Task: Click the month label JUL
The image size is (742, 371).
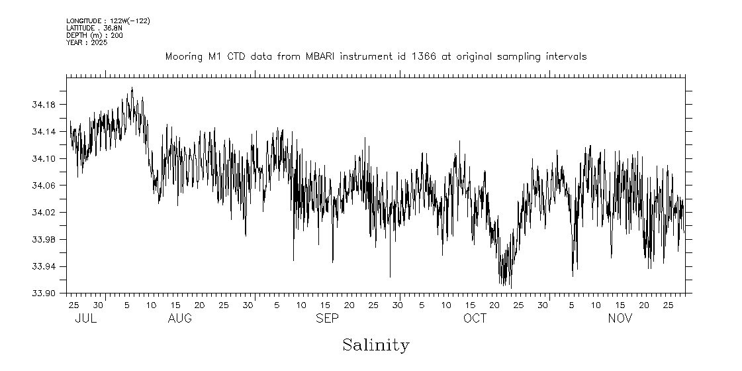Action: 86,319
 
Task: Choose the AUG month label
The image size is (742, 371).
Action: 180,319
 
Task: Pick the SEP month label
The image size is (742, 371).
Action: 327,319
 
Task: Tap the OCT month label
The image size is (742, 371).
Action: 475,319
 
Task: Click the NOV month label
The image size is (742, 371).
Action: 620,319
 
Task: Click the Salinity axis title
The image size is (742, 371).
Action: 375,345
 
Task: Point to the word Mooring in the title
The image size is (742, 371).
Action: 184,57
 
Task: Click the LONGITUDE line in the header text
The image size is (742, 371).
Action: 108,21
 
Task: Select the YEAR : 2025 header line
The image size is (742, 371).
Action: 86,42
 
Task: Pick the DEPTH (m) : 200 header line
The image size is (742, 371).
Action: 94,35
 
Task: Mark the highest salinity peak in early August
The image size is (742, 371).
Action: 132,87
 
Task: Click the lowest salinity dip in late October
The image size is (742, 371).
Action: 511,288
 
